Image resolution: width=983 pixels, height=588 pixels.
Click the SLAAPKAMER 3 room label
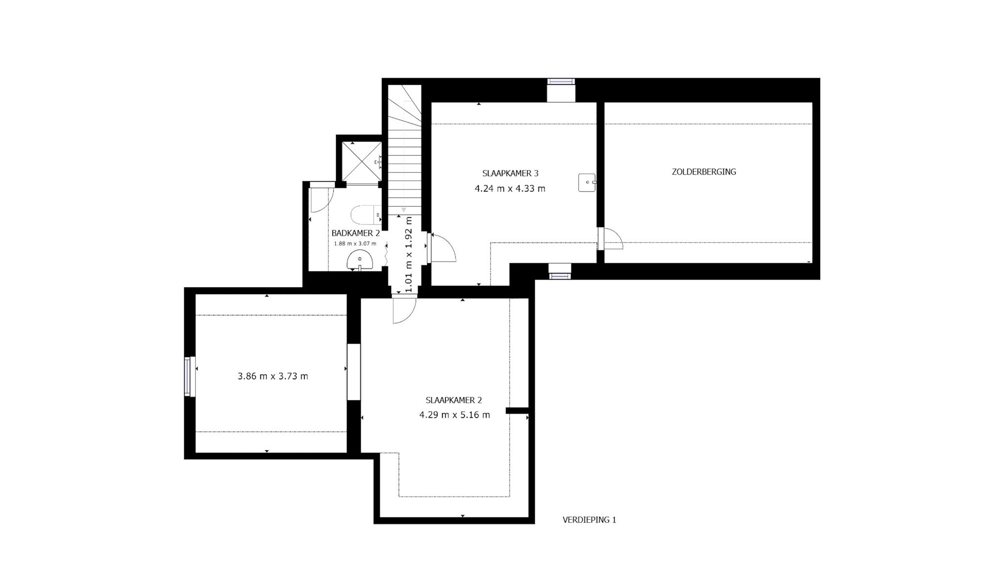coord(510,173)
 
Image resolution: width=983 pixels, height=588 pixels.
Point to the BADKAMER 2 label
coord(355,233)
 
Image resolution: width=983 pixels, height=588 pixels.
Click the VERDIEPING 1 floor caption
coord(589,520)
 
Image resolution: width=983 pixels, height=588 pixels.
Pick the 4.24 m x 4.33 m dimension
coord(510,189)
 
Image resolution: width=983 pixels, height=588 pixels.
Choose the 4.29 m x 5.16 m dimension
coord(454,415)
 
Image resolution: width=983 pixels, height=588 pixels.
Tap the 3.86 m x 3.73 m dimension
coord(273,376)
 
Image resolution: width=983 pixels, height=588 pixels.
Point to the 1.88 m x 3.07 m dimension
coord(355,244)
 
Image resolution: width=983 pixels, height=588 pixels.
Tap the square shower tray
coord(362,162)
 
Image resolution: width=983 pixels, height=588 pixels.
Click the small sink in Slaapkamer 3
coord(587,182)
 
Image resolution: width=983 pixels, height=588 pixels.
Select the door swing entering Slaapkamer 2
coord(404,311)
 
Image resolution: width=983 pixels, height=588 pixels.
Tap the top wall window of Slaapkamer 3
coord(561,82)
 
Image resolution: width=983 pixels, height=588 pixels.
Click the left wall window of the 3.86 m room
coord(187,376)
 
